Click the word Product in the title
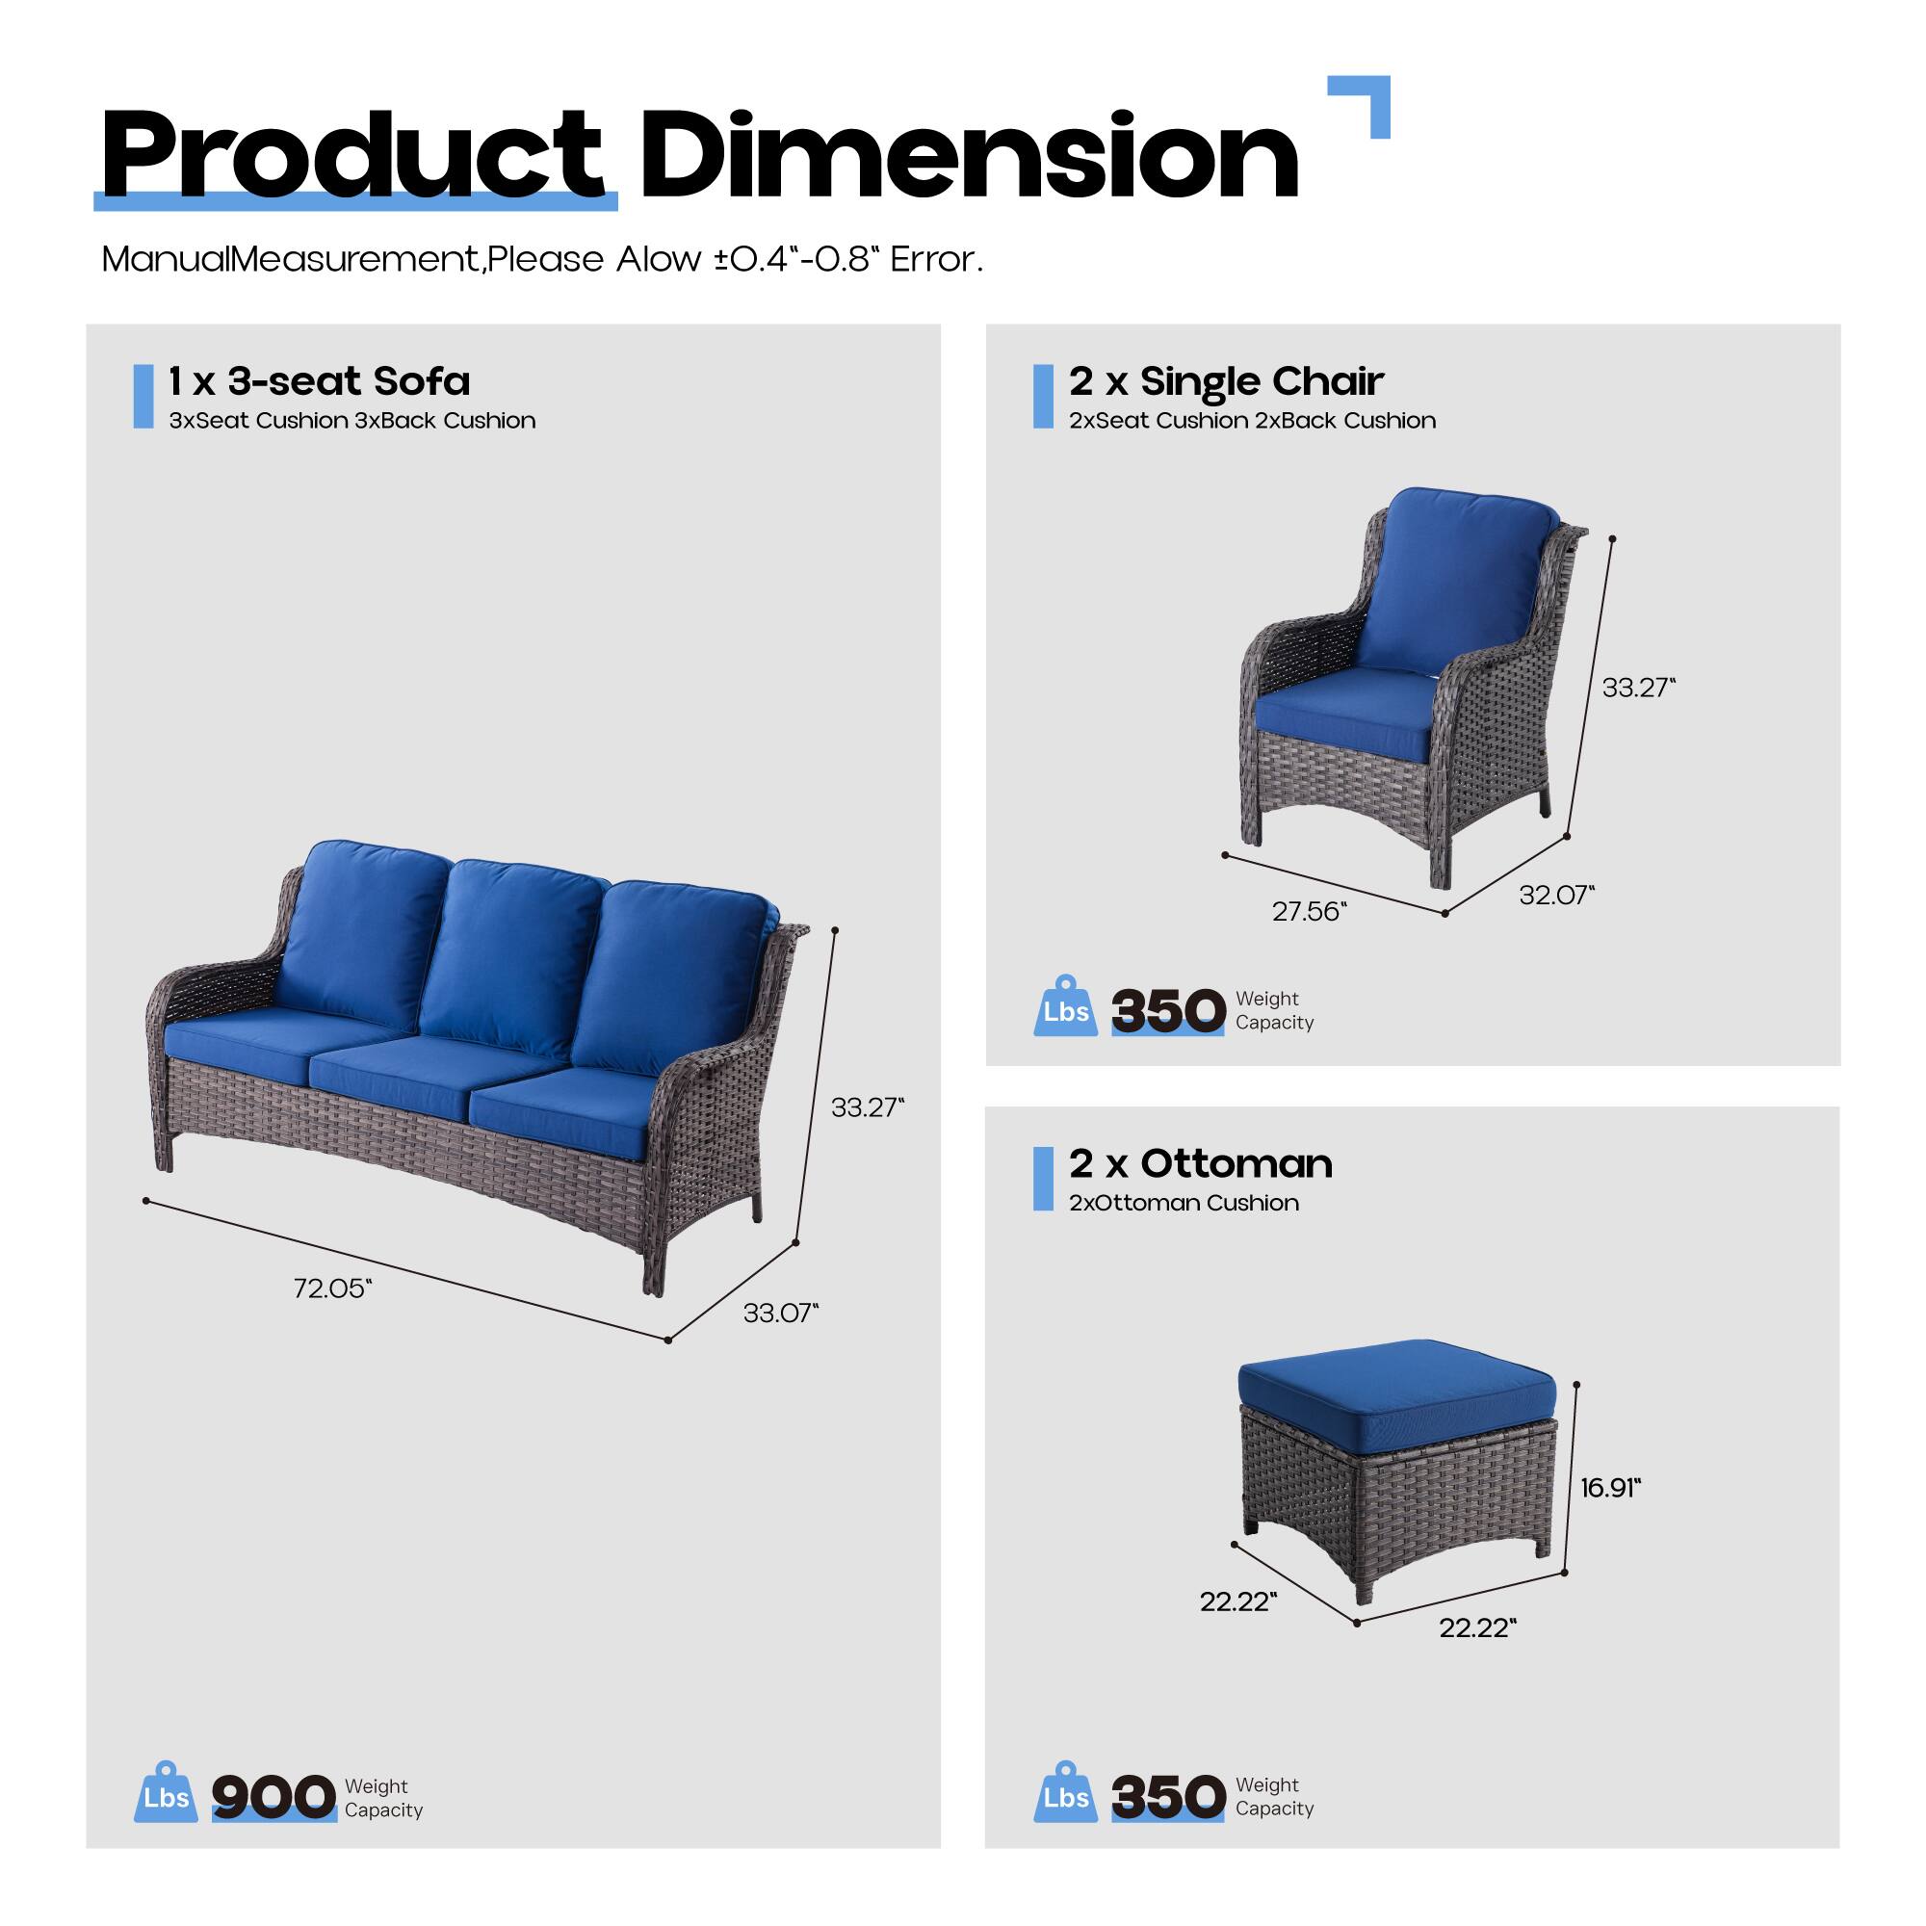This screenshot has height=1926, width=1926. point(351,158)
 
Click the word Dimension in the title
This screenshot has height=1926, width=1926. point(968,158)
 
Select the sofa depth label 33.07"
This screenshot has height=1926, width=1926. point(780,1313)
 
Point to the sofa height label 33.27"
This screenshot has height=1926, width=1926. point(868,1107)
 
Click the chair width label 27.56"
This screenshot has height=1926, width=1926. point(1309,911)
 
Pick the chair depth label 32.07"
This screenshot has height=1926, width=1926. point(1556,896)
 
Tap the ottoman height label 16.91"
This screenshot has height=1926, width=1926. point(1610,1488)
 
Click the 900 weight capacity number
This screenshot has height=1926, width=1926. point(273,1796)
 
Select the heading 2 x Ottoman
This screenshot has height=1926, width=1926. point(1200,1163)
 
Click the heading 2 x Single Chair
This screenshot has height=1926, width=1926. point(1226,380)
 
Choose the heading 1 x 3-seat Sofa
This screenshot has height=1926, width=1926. point(319,380)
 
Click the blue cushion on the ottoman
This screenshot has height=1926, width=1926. point(1395,1381)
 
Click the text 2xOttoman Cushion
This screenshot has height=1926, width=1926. point(1184,1203)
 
